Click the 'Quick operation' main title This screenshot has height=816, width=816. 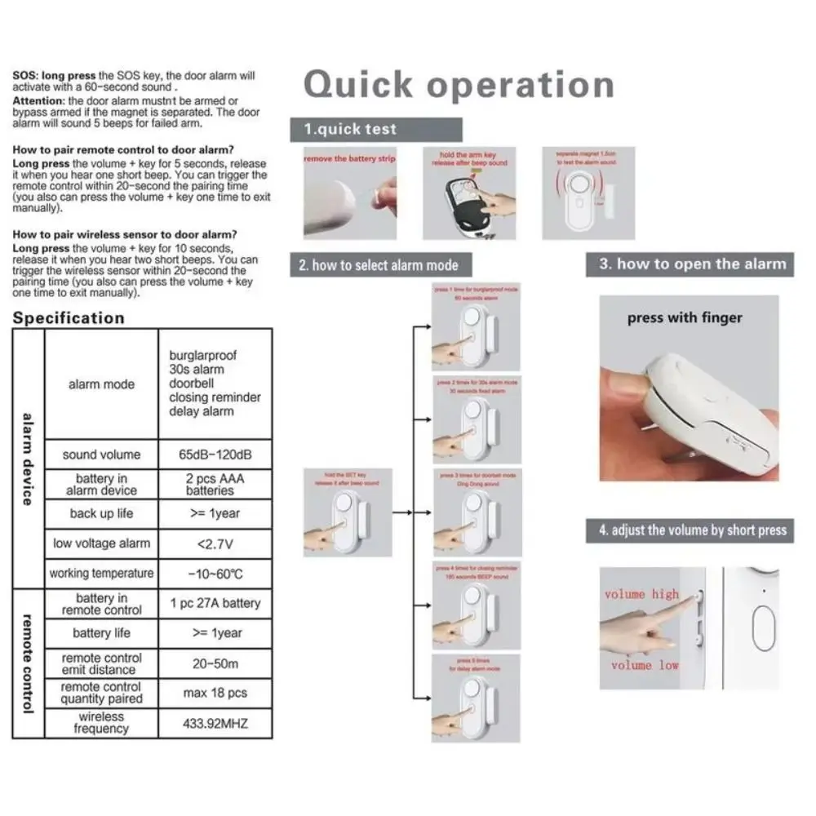459,85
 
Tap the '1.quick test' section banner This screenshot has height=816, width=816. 375,129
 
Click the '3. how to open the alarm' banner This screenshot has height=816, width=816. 692,264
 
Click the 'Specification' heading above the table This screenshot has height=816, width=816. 69,317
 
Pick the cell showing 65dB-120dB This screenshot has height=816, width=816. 215,455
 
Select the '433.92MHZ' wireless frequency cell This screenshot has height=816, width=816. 215,723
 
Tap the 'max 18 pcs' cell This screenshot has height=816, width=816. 215,693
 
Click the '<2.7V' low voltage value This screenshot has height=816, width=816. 215,543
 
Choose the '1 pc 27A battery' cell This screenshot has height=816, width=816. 215,604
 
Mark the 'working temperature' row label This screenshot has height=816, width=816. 101,573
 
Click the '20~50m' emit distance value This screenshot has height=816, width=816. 215,663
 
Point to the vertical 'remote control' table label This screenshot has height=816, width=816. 28,663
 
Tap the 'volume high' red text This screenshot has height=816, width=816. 641,594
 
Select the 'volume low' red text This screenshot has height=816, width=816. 645,665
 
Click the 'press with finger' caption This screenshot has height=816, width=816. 685,318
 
